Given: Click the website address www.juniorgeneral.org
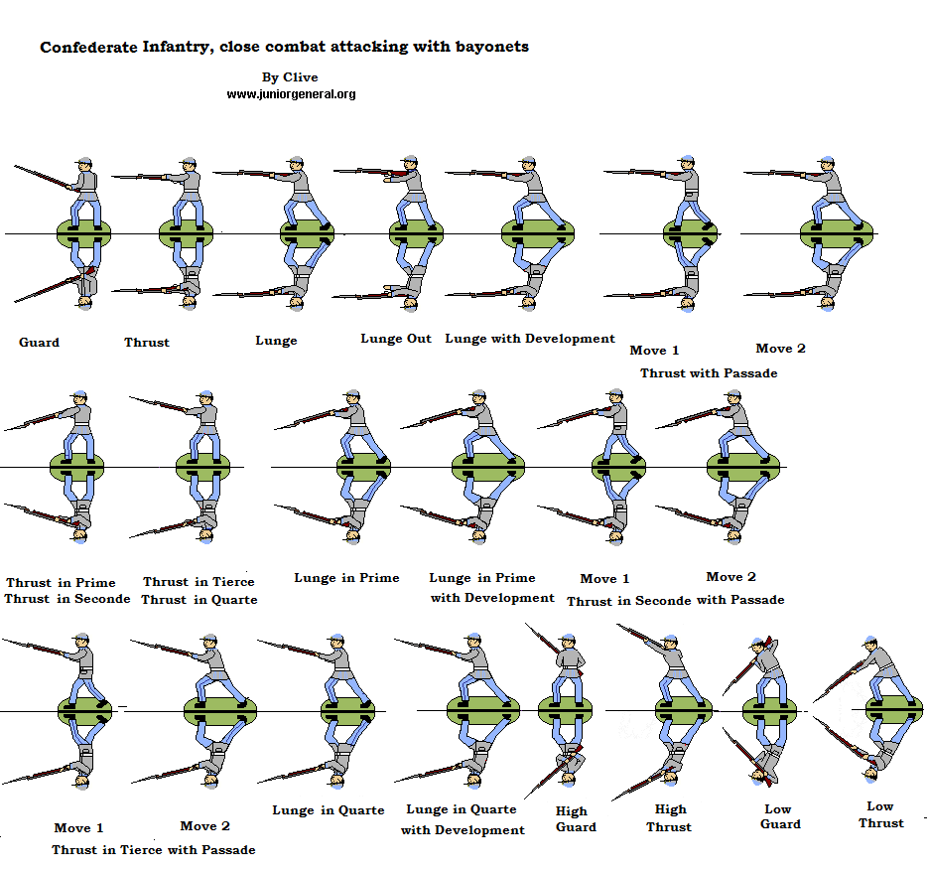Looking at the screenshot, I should click(291, 94).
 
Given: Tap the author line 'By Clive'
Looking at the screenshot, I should click(291, 76).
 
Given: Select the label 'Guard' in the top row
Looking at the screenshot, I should click(40, 343).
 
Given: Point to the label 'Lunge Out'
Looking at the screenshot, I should click(396, 339).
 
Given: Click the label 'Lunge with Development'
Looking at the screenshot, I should click(530, 339).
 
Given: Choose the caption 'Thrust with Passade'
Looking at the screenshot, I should click(709, 373).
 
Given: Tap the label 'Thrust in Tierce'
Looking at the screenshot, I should click(199, 582).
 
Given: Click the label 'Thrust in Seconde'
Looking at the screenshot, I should click(66, 599).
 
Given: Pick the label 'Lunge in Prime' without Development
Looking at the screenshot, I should click(346, 578).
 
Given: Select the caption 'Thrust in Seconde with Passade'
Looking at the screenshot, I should click(675, 600).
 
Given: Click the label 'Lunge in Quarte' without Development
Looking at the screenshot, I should click(329, 810).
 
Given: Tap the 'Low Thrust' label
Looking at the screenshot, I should click(880, 814).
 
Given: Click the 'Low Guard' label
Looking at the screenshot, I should click(780, 816).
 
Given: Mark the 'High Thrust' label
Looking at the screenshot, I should click(669, 817).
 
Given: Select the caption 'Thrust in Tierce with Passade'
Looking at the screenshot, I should click(154, 850).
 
